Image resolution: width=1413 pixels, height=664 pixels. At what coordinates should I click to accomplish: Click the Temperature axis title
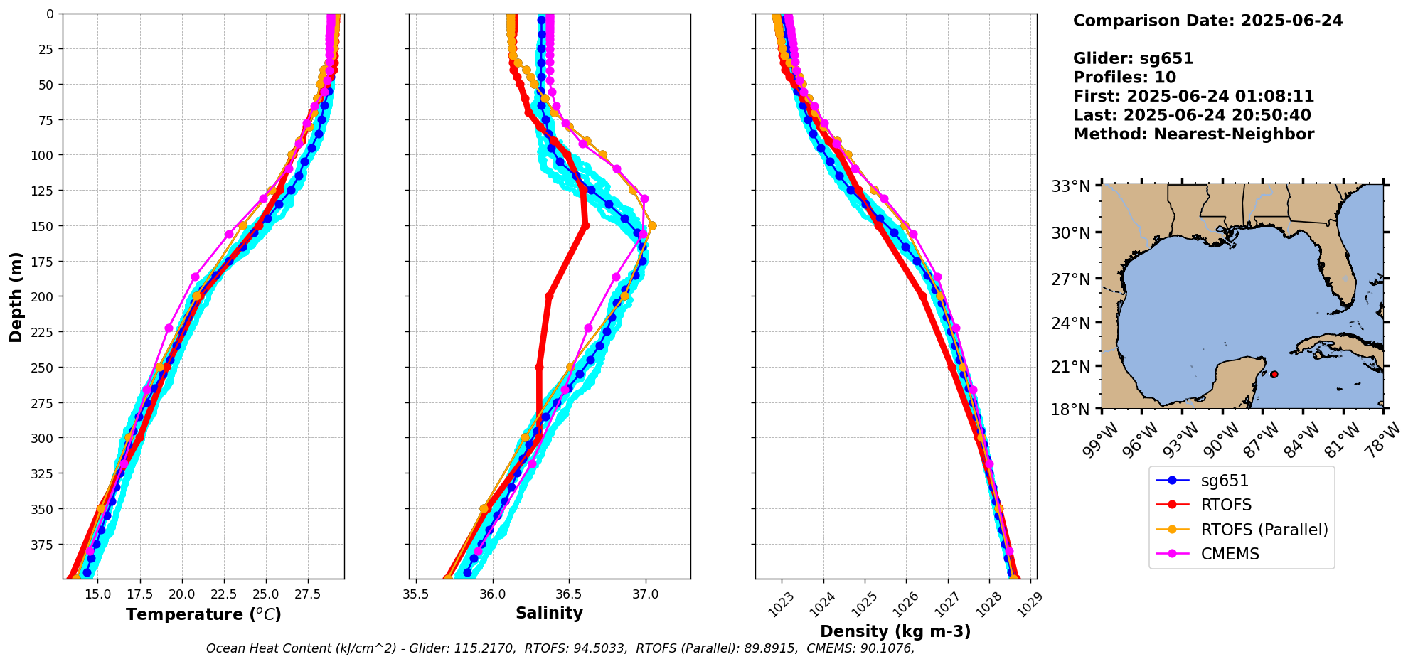point(203,614)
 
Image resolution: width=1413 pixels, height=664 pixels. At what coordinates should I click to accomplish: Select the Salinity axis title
point(549,613)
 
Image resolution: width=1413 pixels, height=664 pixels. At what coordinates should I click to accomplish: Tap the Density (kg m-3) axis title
point(895,631)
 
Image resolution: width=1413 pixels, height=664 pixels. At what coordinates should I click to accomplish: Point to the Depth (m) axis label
point(16,296)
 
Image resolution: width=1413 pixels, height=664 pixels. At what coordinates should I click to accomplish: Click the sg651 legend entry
point(1225,481)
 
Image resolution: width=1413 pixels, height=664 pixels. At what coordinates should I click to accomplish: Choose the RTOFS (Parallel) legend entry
point(1264,530)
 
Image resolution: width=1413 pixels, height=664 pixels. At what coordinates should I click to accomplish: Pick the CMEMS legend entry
point(1230,554)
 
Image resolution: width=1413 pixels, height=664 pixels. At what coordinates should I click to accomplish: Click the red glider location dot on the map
point(1274,374)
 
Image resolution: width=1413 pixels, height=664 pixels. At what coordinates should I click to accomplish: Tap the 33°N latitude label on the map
point(1071,187)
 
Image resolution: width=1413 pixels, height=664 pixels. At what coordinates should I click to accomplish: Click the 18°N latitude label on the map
point(1071,409)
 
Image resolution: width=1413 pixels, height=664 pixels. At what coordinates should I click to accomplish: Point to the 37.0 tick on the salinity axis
point(645,594)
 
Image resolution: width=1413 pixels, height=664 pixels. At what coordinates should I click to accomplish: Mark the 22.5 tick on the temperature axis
point(223,594)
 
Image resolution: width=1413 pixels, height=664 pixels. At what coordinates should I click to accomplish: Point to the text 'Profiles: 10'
point(1124,77)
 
